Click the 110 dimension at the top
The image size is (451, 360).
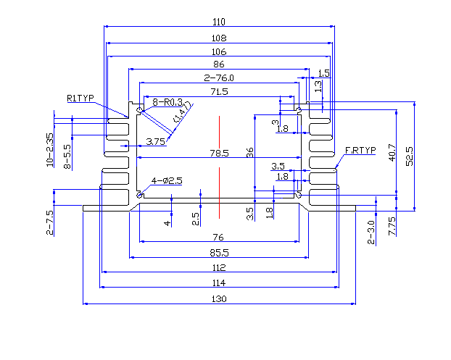219,21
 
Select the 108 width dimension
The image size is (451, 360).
219,38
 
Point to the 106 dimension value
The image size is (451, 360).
219,51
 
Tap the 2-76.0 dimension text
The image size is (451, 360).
219,78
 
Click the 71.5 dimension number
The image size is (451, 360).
219,91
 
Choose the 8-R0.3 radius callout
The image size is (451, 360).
167,102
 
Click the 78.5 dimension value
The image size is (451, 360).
219,153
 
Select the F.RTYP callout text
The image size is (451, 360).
360,150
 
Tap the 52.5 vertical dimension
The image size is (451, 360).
410,155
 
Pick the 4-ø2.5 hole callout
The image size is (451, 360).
167,180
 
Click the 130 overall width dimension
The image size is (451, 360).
219,298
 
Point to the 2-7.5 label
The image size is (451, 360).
50,222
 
